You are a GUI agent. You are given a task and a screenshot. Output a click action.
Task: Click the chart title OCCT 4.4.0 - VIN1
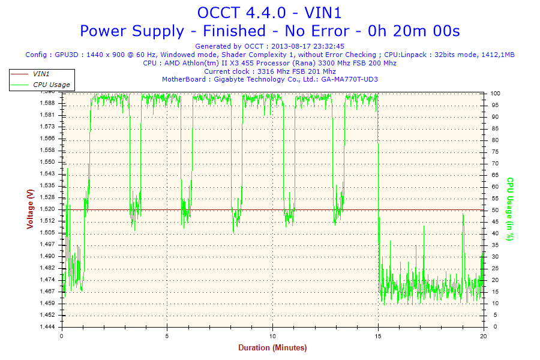coord(269,13)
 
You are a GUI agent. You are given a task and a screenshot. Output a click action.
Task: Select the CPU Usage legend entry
coord(51,85)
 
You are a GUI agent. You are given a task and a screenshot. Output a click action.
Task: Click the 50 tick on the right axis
coord(494,210)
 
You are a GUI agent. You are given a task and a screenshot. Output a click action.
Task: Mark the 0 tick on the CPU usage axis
coord(492,326)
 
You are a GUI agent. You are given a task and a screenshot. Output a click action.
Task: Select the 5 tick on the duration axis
coord(167,335)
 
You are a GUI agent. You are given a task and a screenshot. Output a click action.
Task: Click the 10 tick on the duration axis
coord(273,335)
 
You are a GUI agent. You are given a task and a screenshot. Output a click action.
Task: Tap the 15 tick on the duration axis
coord(379,335)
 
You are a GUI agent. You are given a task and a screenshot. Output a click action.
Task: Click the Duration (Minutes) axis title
coord(272,347)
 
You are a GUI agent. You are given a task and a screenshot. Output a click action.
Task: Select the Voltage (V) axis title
coord(30,208)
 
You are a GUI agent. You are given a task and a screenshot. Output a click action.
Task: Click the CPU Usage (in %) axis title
coord(511,209)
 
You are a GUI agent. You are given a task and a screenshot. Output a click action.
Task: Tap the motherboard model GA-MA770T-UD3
coord(349,79)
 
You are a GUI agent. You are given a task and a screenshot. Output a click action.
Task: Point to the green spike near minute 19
coord(463,216)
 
